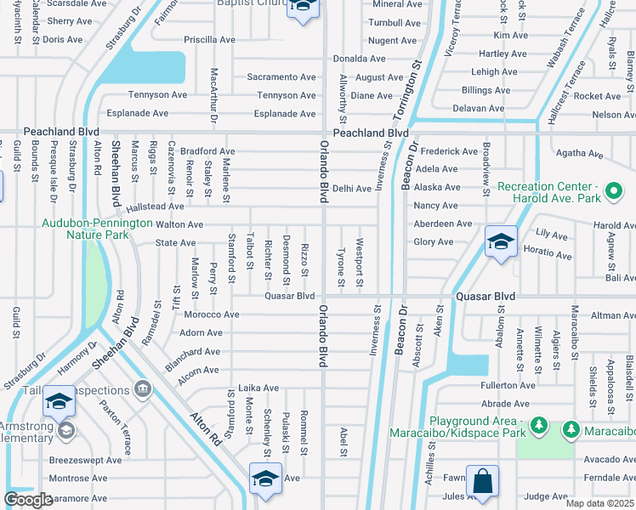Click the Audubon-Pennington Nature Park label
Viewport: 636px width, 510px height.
point(82,230)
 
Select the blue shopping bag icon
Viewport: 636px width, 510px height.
point(482,480)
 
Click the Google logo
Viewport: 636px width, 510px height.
point(28,499)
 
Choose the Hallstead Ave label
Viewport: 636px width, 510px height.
point(155,207)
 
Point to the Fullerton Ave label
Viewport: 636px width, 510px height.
point(506,386)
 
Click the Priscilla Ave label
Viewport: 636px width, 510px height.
point(207,40)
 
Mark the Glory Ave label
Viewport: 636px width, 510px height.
point(433,241)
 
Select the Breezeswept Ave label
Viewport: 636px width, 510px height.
point(85,460)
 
